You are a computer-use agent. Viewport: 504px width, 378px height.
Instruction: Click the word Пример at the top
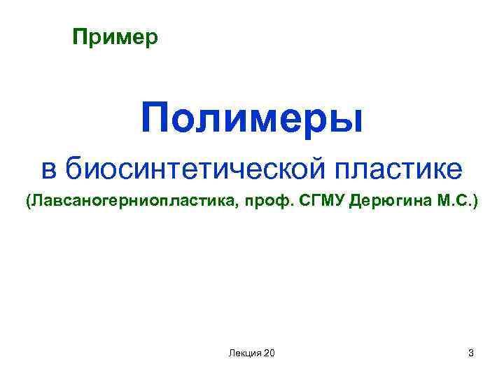point(116,36)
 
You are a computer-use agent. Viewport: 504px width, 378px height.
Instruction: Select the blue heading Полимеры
point(252,118)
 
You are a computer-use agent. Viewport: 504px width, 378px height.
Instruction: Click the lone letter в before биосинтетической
point(48,169)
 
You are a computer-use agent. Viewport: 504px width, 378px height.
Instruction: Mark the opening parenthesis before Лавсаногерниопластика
point(29,203)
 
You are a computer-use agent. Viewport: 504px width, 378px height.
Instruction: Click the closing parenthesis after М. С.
point(476,203)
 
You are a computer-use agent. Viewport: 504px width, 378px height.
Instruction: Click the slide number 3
point(471,353)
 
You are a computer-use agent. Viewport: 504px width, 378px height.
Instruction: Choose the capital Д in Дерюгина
point(356,203)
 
